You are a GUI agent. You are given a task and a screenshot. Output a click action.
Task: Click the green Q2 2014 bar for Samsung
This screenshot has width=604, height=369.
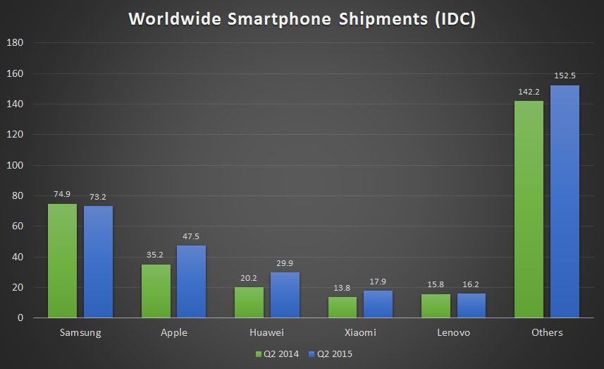click(x=62, y=261)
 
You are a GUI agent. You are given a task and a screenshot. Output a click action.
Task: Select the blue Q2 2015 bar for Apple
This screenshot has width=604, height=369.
click(x=191, y=282)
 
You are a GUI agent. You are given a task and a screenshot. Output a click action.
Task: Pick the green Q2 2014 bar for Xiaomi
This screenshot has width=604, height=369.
click(x=343, y=308)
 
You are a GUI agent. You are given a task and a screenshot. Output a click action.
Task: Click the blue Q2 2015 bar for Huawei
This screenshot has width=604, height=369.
click(x=285, y=295)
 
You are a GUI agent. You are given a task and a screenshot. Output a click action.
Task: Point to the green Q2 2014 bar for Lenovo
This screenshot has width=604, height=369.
click(x=436, y=306)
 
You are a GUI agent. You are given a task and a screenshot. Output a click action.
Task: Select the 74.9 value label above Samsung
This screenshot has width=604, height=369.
click(x=62, y=195)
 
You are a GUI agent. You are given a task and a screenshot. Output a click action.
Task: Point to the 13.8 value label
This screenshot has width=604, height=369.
click(x=343, y=288)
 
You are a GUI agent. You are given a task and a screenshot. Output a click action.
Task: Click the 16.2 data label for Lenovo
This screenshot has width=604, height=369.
click(x=472, y=284)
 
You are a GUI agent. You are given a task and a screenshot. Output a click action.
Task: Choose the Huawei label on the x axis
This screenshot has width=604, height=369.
click(x=266, y=332)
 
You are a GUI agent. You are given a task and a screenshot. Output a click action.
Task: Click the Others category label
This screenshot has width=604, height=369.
click(x=546, y=332)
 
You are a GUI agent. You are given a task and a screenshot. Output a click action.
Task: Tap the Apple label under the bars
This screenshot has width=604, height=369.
click(x=173, y=332)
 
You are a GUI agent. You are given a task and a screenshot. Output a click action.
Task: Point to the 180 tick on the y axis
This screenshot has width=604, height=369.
click(x=16, y=43)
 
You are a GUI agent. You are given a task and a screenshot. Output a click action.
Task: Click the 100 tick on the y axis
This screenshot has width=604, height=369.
click(x=16, y=165)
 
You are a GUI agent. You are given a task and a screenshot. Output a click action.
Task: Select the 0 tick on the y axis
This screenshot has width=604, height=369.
click(x=20, y=318)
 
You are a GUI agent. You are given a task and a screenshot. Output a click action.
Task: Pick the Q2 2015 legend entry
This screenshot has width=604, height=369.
click(x=332, y=353)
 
